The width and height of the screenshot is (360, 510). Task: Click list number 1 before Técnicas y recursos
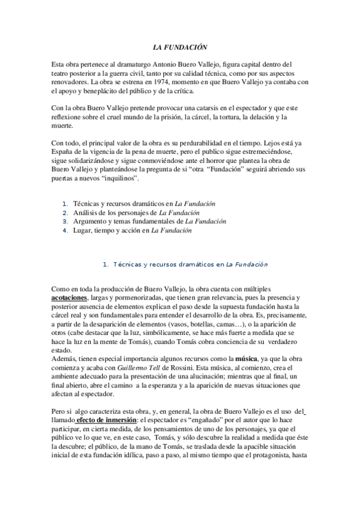coord(66,204)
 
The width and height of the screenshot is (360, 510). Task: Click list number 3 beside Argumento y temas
coord(66,221)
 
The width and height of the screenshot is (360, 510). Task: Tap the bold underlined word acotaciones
coord(69,298)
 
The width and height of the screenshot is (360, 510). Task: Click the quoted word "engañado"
coord(236,420)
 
